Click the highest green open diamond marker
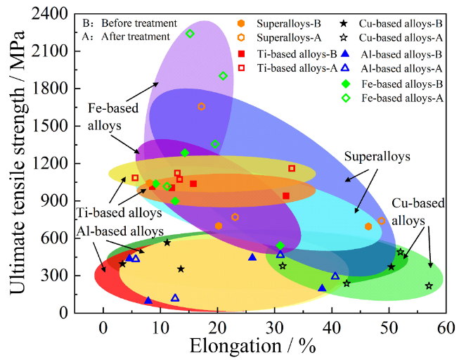190,34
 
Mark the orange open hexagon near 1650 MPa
202,107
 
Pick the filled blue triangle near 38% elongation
322,288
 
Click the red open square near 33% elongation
292,168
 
